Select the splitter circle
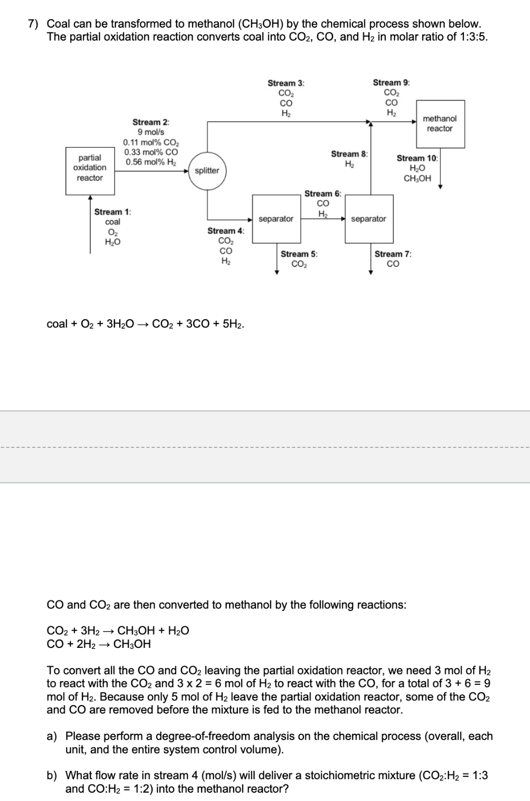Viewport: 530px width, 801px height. tap(207, 171)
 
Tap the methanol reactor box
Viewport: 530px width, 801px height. tap(439, 124)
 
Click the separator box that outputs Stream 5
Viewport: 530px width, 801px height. tap(275, 219)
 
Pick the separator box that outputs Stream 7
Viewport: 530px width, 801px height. tap(369, 219)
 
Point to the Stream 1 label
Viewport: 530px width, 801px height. tap(112, 212)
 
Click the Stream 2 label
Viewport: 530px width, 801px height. tap(150, 122)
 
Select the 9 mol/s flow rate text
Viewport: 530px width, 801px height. tap(150, 132)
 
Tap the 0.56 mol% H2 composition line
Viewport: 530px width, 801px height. tap(150, 162)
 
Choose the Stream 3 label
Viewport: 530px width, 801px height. tap(286, 83)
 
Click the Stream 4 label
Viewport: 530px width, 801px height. tap(226, 231)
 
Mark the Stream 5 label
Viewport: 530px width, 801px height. tap(299, 254)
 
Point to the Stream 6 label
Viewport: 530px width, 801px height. tap(323, 194)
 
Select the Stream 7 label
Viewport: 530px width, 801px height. tap(393, 254)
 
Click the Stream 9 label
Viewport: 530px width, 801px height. tap(391, 83)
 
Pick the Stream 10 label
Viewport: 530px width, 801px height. tap(418, 158)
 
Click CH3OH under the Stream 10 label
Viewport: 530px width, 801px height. tap(418, 178)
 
